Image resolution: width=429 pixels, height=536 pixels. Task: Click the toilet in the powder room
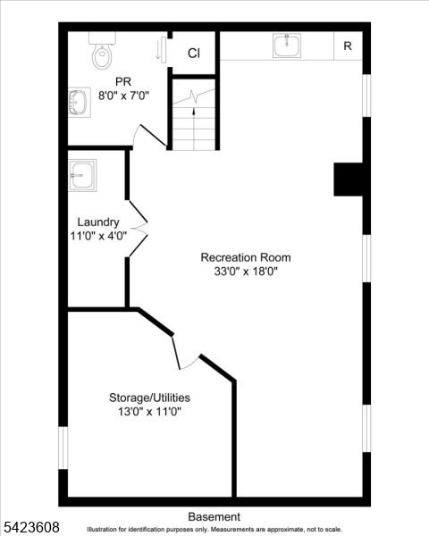[102, 50]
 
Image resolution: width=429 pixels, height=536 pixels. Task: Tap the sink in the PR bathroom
[79, 102]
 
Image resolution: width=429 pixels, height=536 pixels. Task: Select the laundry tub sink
[82, 175]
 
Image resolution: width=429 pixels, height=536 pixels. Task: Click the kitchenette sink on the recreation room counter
[287, 46]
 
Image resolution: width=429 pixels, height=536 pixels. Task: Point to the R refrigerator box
[348, 46]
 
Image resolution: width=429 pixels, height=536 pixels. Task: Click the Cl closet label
[194, 53]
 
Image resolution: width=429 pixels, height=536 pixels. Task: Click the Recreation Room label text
[246, 257]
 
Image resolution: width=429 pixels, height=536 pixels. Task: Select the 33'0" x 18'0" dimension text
[246, 272]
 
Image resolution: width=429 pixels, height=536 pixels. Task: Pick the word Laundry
[98, 222]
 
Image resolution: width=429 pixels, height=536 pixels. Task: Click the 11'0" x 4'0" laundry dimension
[98, 236]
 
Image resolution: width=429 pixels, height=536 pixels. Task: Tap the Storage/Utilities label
[149, 398]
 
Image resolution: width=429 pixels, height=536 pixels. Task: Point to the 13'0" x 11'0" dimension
[149, 412]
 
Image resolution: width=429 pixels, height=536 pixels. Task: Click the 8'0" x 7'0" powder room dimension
[123, 96]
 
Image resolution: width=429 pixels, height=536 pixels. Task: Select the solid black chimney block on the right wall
[348, 180]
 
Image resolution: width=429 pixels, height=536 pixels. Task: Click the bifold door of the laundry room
[139, 229]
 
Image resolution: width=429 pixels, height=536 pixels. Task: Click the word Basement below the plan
[214, 516]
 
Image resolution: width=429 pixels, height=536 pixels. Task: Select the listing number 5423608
[31, 527]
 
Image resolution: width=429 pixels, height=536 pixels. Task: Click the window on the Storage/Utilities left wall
[63, 448]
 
